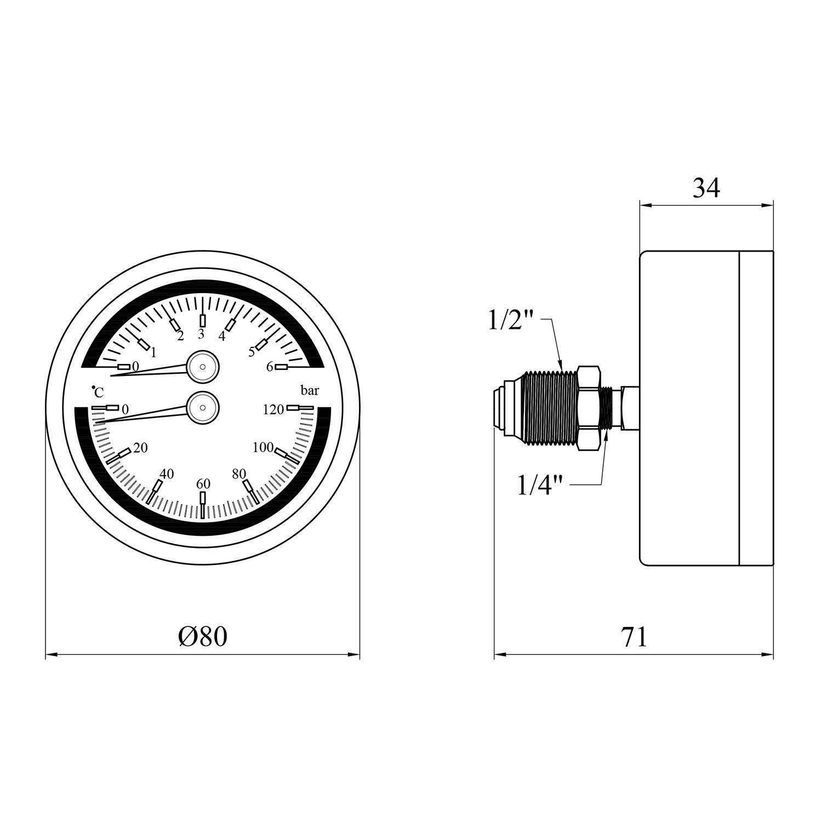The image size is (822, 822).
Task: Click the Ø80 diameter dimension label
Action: point(202,636)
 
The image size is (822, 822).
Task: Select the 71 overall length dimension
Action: point(634,637)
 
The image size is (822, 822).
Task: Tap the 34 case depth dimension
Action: point(706,188)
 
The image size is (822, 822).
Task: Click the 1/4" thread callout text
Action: point(540,486)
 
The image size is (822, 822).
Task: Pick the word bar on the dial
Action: point(310,391)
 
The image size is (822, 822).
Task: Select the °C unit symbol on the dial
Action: point(98,392)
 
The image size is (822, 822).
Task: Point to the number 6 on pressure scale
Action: point(270,367)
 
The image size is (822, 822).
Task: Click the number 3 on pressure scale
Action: point(201,334)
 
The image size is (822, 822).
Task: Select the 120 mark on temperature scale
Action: point(273,409)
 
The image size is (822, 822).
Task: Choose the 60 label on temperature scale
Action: point(203,484)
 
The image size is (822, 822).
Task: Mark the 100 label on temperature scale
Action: point(262,448)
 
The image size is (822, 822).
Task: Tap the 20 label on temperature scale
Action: point(140,448)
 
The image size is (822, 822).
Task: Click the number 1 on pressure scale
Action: point(153,352)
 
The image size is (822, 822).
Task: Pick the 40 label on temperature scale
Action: point(167,474)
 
